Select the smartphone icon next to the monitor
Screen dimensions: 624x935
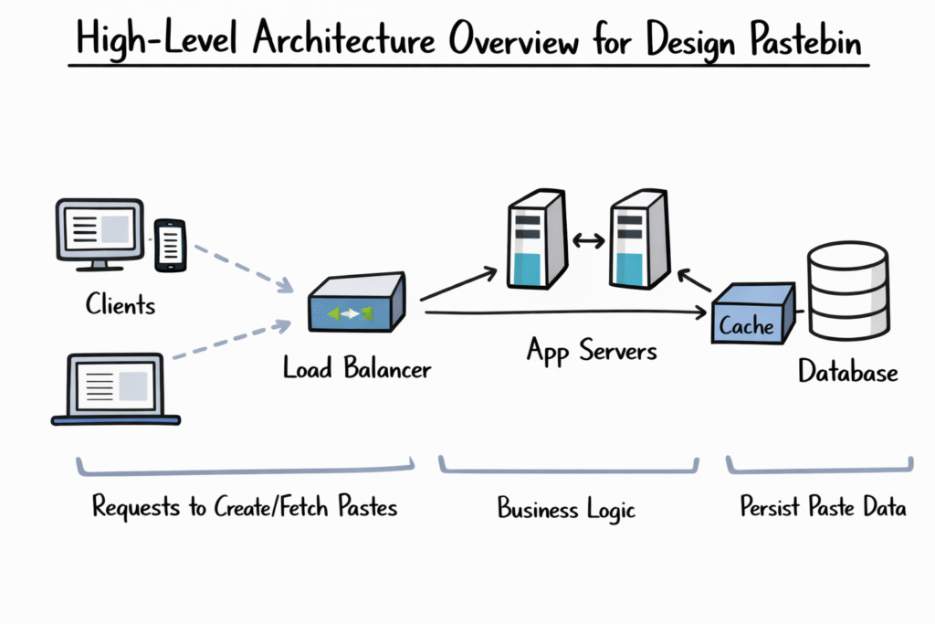pos(171,245)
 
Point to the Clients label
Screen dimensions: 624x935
pos(121,304)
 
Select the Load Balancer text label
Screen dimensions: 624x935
pos(357,368)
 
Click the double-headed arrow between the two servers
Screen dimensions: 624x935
pos(585,241)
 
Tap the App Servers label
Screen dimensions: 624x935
pos(592,350)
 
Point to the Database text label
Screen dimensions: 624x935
pos(848,372)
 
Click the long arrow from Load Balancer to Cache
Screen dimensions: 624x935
pos(566,312)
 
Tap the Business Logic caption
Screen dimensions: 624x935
pos(566,507)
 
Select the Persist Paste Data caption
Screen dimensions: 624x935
pos(823,507)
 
